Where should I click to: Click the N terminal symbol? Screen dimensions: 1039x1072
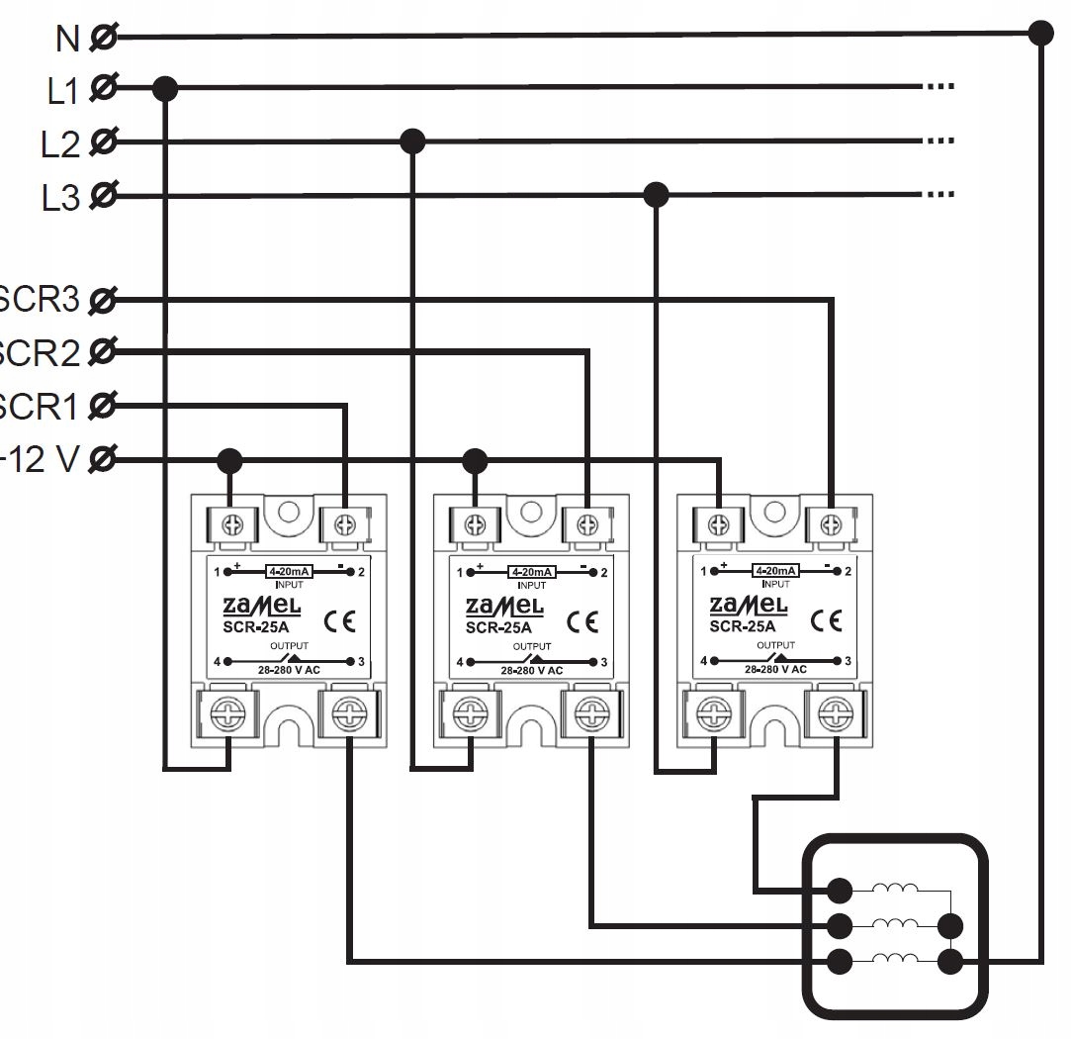[102, 38]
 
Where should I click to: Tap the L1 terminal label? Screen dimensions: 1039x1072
[61, 91]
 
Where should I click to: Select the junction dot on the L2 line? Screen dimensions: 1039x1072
[412, 142]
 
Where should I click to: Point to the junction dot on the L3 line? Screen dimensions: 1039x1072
[656, 195]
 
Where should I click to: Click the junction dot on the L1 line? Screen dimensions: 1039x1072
[165, 89]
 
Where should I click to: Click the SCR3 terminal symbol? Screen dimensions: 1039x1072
[102, 298]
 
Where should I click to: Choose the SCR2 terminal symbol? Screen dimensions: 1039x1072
[102, 351]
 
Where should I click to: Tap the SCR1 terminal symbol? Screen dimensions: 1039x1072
[102, 405]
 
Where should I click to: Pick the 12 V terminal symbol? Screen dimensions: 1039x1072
[102, 459]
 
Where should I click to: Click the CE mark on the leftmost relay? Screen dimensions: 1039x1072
[339, 622]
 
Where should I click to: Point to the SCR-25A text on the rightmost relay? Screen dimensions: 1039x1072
[742, 626]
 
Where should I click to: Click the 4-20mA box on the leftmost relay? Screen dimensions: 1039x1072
[290, 571]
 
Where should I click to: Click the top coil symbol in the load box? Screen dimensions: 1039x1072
[896, 890]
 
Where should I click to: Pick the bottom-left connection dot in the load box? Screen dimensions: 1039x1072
[840, 960]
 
